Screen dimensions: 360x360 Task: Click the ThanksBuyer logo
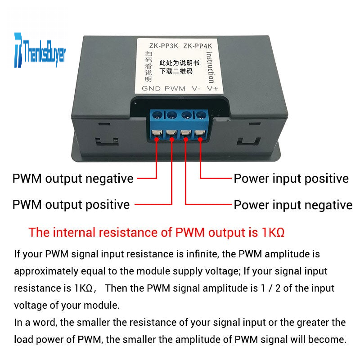(40, 49)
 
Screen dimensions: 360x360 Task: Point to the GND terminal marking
(151, 89)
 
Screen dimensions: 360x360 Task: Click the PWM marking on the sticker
(175, 89)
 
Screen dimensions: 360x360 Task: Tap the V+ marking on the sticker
(212, 89)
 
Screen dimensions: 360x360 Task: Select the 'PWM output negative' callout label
(73, 179)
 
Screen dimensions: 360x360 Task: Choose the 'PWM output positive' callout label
(71, 205)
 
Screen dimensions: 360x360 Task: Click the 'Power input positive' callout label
(291, 179)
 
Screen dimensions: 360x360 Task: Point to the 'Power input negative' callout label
(292, 205)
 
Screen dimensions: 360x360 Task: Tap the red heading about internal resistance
(157, 233)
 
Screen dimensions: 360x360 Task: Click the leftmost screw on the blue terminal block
(157, 115)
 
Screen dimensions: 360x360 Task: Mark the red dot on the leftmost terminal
(157, 139)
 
